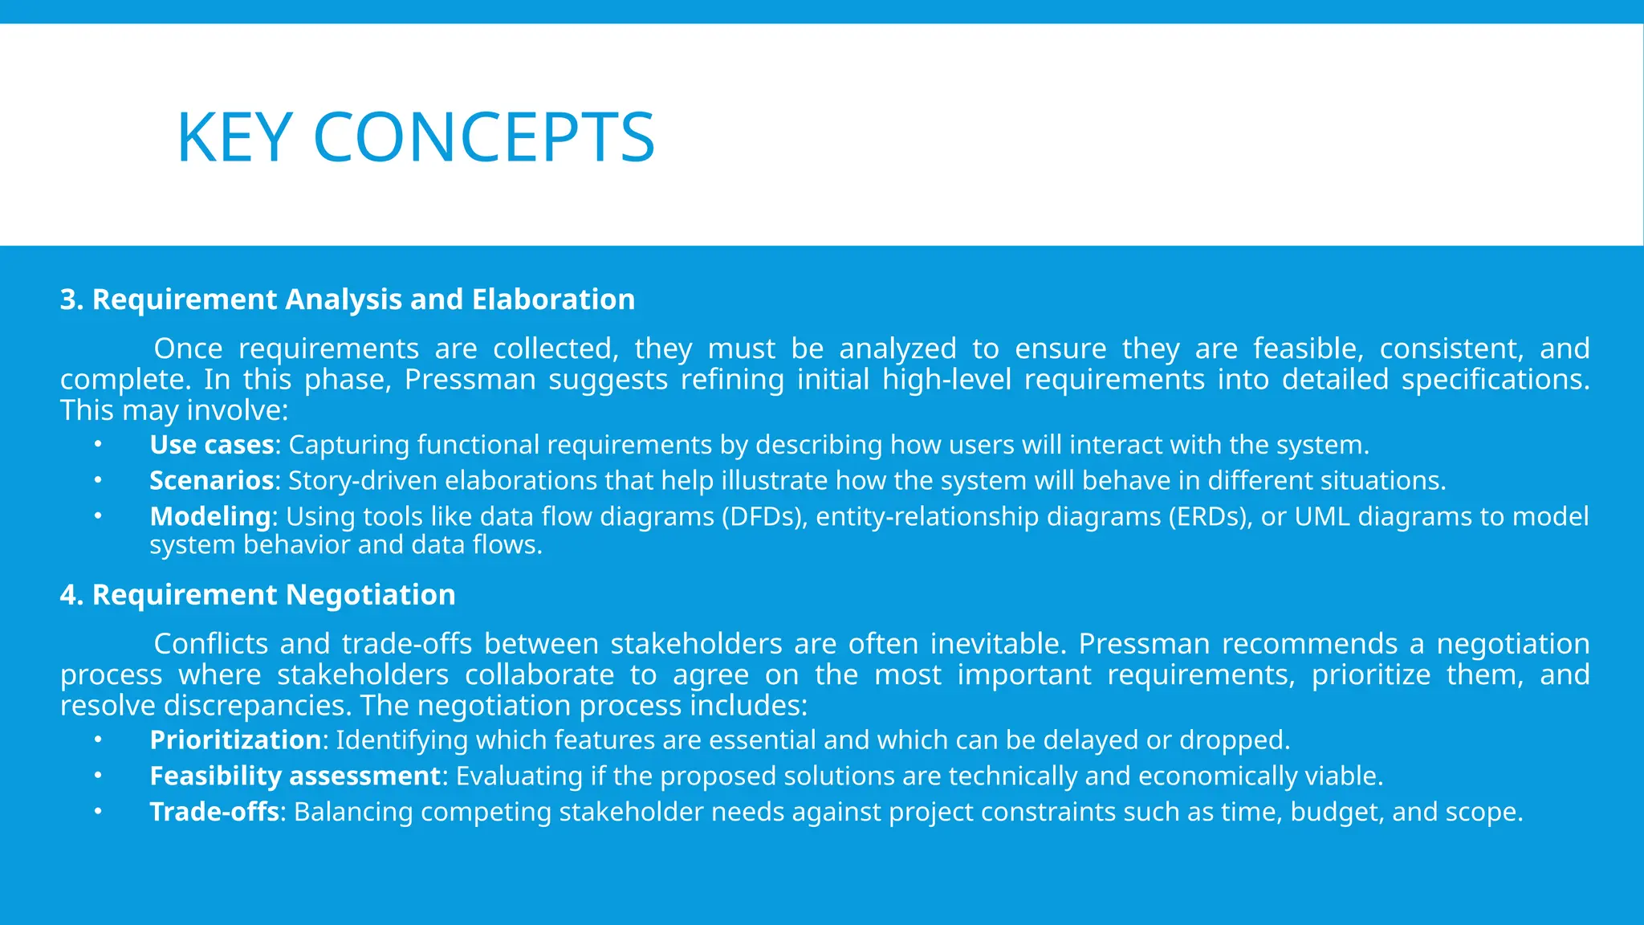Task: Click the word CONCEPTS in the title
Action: [484, 138]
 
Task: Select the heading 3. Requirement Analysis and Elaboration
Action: [347, 300]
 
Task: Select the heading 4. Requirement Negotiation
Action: [258, 595]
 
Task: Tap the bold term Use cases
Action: [212, 445]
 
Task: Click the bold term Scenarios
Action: [212, 480]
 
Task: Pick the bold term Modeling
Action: [210, 516]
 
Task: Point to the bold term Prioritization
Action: [235, 740]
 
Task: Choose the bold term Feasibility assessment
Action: [295, 776]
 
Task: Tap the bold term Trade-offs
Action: [214, 812]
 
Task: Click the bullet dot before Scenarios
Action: [97, 480]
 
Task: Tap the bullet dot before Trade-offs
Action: [97, 811]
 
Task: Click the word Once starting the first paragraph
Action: [188, 349]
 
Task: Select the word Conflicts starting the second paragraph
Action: [210, 644]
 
